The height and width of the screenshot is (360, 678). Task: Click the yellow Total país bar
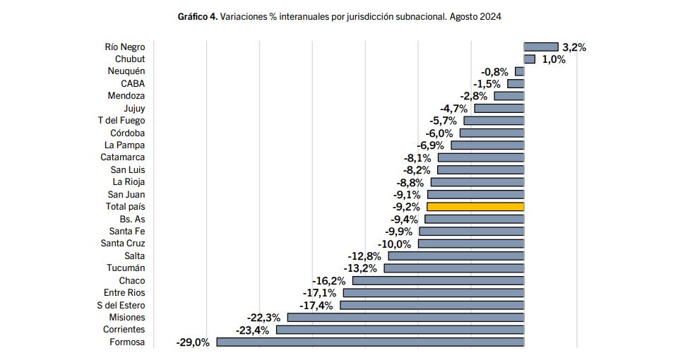[475, 207]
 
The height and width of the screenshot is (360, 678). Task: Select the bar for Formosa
[370, 342]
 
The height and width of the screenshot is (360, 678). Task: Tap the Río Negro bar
[541, 47]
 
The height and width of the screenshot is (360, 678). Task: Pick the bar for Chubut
[530, 59]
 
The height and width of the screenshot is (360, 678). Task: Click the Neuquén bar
[520, 71]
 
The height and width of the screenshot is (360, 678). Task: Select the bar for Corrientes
[400, 330]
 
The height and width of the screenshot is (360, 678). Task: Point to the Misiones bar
[405, 318]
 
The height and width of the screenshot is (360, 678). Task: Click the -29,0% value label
[193, 342]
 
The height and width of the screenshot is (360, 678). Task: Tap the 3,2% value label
[574, 47]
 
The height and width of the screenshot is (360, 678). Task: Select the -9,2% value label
[406, 207]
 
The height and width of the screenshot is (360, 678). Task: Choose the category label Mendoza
[126, 96]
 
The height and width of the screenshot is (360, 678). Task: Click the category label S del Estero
[121, 305]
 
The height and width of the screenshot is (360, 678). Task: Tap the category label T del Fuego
[121, 120]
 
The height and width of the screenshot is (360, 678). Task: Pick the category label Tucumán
[126, 268]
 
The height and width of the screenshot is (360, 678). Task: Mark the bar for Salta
[456, 256]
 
